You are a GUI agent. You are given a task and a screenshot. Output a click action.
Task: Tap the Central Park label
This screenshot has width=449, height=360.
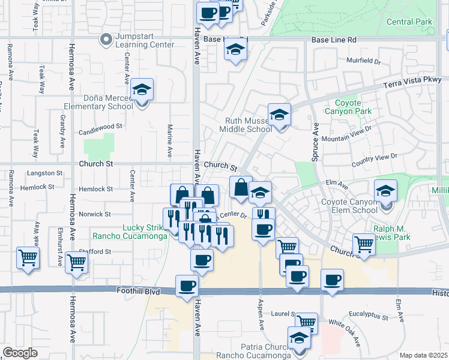tap(409, 22)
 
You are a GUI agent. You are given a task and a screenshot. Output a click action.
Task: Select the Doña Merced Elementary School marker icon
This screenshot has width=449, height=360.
tap(142, 91)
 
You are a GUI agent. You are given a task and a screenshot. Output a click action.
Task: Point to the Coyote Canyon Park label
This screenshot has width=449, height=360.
tap(348, 107)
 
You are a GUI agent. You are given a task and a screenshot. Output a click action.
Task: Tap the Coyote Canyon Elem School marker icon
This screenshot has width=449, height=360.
tap(385, 190)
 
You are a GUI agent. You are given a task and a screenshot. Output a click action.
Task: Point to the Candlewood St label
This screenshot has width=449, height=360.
tap(100, 127)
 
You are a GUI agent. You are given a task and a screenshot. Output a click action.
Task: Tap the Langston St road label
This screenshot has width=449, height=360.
tap(45, 173)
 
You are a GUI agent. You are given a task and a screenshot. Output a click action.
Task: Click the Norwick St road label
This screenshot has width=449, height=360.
tap(95, 214)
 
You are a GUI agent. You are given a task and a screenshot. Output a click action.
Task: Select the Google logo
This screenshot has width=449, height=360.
tap(20, 353)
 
